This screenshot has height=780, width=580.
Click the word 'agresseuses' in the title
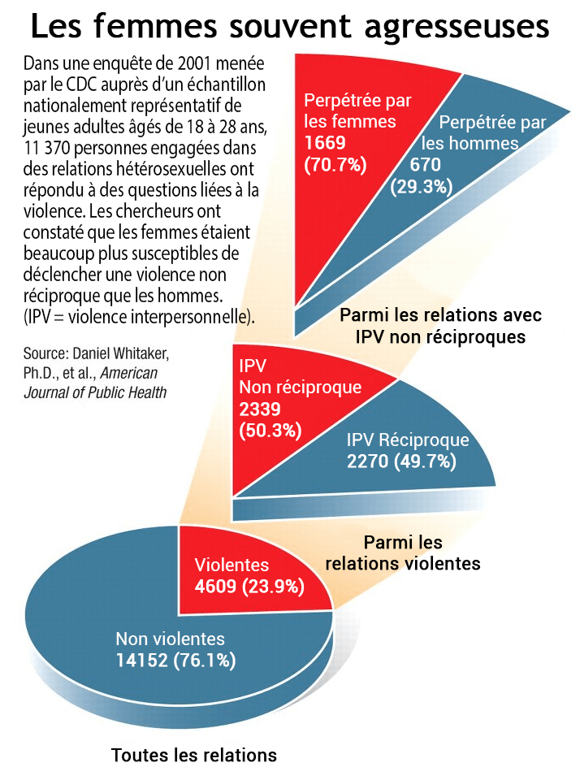pos(457,28)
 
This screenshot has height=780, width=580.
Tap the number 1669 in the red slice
pos(325,143)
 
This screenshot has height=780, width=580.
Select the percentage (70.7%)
pos(335,164)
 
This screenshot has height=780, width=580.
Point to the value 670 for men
pos(426,165)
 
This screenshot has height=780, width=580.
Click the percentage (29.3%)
pos(422,187)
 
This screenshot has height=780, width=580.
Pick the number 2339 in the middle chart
pos(260,409)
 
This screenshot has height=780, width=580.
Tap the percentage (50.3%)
pos(271,431)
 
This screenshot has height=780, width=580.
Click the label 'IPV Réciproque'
pos(408,440)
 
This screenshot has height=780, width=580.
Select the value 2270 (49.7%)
pos(401,461)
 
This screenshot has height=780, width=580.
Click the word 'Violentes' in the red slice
pos(232,565)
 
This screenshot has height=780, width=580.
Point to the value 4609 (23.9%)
pos(249,587)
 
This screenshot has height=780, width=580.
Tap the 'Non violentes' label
pos(170,639)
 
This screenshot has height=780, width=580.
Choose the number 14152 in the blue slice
pos(142,660)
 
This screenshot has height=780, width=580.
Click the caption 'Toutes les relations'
pos(194,755)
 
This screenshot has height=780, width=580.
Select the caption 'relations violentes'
pos(403,564)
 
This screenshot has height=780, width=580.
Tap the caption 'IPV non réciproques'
pos(440,336)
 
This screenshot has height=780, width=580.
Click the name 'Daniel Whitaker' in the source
pos(121,353)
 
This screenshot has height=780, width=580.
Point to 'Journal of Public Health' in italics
pos(95,392)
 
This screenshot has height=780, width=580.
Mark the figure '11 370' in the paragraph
pos(47,148)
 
